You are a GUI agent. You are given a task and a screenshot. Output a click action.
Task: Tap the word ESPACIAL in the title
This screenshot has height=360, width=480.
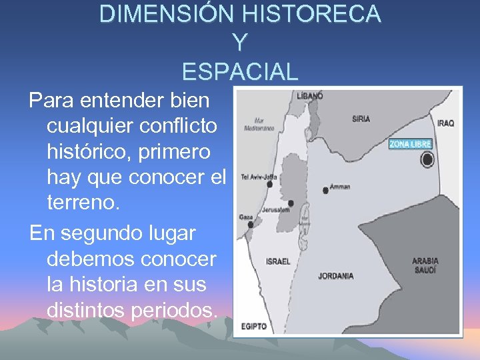[239, 71]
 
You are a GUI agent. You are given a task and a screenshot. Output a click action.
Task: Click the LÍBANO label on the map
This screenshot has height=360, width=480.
[310, 96]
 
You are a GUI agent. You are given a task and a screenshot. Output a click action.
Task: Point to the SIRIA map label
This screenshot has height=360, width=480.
[361, 119]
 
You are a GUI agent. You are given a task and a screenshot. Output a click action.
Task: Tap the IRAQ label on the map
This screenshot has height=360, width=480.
[445, 123]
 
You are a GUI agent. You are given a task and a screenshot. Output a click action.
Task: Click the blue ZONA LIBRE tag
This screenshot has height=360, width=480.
[411, 143]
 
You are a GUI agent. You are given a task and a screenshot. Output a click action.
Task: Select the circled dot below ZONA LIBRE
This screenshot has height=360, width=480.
[427, 160]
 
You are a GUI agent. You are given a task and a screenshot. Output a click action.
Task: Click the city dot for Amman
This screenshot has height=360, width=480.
[325, 190]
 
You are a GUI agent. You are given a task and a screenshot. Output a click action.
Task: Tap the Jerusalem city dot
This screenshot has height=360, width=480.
[291, 203]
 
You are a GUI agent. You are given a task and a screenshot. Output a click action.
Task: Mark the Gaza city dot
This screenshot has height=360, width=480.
[251, 225]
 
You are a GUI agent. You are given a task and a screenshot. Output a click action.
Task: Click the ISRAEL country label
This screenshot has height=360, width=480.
[278, 261]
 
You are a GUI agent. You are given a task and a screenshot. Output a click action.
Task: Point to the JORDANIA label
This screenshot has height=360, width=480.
[335, 275]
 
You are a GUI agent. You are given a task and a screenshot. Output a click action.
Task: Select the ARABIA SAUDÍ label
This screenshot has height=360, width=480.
[425, 265]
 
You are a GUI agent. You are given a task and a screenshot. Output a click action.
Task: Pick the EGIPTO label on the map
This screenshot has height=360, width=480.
[254, 326]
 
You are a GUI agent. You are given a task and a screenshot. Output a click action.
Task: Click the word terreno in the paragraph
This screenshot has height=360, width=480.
[83, 202]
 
